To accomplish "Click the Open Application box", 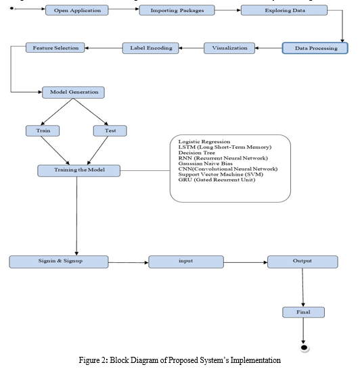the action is (77, 10).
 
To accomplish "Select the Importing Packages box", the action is (177, 10).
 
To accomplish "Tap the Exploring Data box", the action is (284, 10).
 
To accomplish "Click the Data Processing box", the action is (315, 48).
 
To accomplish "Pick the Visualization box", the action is (229, 48).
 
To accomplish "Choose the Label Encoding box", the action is (150, 48).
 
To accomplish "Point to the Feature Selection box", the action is (55, 47).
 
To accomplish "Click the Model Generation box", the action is (73, 92).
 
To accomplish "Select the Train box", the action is (43, 130).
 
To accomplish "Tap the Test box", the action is (110, 130).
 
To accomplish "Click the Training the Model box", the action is (79, 170).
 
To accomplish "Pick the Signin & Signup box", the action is (59, 262).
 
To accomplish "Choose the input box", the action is (186, 262).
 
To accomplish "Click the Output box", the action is (302, 262).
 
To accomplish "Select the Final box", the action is (303, 312).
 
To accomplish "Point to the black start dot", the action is (12, 9).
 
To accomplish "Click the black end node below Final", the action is (304, 347).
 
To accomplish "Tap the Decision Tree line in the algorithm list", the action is (196, 153).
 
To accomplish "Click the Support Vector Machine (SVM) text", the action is (221, 174).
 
